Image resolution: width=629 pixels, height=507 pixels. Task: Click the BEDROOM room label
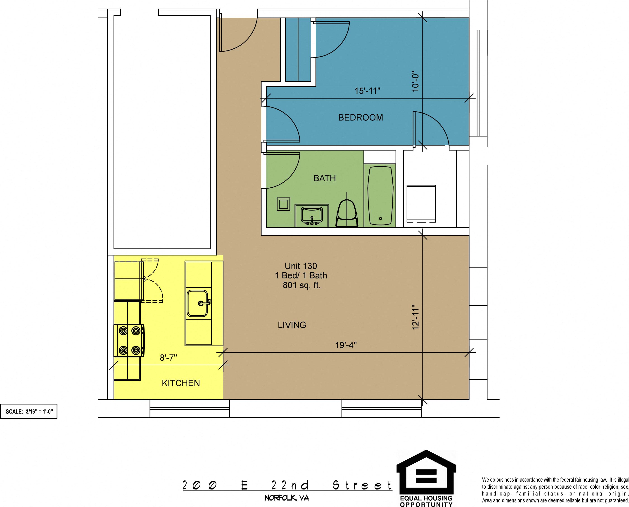361,117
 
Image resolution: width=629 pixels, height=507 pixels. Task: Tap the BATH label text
325,178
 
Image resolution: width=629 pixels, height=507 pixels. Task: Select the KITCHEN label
181,383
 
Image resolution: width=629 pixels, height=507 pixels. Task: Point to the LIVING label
292,325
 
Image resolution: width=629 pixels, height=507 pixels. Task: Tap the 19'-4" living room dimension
346,345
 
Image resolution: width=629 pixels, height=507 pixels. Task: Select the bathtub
380,196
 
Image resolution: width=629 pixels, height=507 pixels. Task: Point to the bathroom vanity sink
312,215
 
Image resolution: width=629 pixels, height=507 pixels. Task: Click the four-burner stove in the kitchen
129,341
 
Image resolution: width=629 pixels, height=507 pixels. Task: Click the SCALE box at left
28,411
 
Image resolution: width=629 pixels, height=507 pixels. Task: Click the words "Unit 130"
301,266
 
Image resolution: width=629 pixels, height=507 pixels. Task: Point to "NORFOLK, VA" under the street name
287,498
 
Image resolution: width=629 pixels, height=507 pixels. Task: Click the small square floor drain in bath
283,204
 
